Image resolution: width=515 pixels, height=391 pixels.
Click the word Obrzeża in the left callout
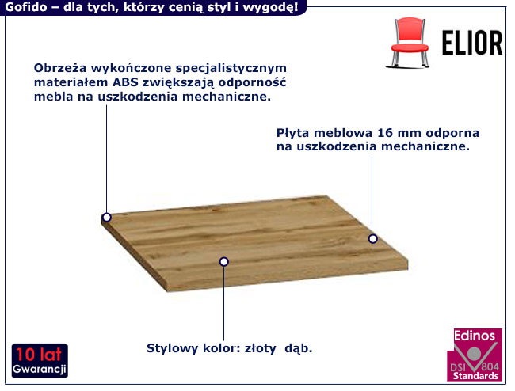click(60, 68)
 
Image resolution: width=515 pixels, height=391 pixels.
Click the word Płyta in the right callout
click(294, 133)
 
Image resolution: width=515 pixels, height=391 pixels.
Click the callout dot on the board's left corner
click(106, 217)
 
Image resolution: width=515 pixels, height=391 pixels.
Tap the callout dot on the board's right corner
click(372, 238)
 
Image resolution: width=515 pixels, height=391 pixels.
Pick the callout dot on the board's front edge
click(224, 261)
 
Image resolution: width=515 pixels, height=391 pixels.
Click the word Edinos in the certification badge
click(475, 336)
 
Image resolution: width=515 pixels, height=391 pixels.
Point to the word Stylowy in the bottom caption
click(172, 348)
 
